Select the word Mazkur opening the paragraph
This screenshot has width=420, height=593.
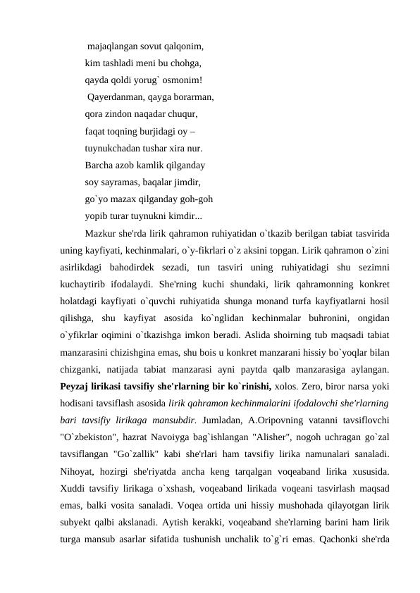coord(100,233)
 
